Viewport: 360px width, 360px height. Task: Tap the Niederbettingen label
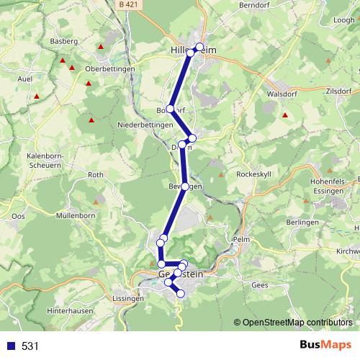[x=145, y=125]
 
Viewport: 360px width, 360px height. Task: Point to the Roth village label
[x=96, y=175]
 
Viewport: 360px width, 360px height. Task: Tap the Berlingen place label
[x=302, y=223]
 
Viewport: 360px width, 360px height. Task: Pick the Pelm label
[x=241, y=240]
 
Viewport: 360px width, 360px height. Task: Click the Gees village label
[x=260, y=285]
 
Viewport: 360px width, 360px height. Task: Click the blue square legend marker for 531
[x=11, y=346]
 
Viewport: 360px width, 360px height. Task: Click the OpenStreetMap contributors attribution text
[x=296, y=322]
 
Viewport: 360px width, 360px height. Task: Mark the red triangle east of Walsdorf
[x=285, y=115]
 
